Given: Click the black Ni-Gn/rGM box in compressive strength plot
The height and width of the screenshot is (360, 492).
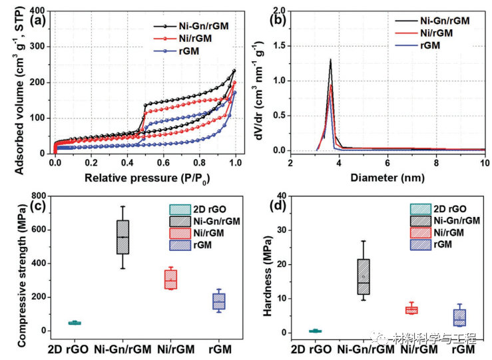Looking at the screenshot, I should click(x=123, y=237).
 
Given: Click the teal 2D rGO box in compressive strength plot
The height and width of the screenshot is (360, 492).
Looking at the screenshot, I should click(x=75, y=323).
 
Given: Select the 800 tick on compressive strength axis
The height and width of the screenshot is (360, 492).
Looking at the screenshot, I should click(x=37, y=196).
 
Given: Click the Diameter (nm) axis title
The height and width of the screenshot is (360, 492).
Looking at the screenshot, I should click(x=388, y=178).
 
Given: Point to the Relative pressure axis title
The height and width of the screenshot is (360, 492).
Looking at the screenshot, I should click(x=145, y=178).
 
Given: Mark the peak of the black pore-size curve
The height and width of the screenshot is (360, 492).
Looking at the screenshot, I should click(x=330, y=60).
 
